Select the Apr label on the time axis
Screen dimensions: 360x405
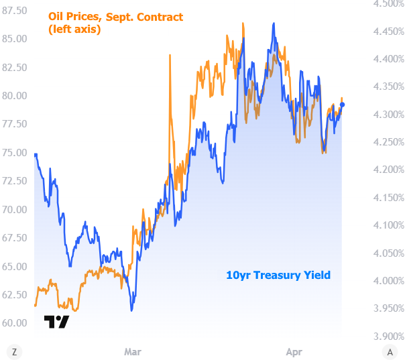click(x=294, y=351)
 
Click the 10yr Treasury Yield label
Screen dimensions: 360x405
click(x=278, y=275)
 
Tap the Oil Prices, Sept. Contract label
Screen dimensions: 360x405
click(x=115, y=17)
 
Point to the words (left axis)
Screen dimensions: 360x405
click(x=74, y=29)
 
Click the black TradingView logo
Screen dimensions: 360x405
click(x=56, y=322)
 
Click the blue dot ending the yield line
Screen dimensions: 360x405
click(x=343, y=105)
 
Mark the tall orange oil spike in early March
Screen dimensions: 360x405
click(x=170, y=56)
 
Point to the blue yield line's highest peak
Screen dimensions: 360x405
click(x=274, y=23)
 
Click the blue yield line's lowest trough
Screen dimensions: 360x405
click(x=131, y=310)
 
